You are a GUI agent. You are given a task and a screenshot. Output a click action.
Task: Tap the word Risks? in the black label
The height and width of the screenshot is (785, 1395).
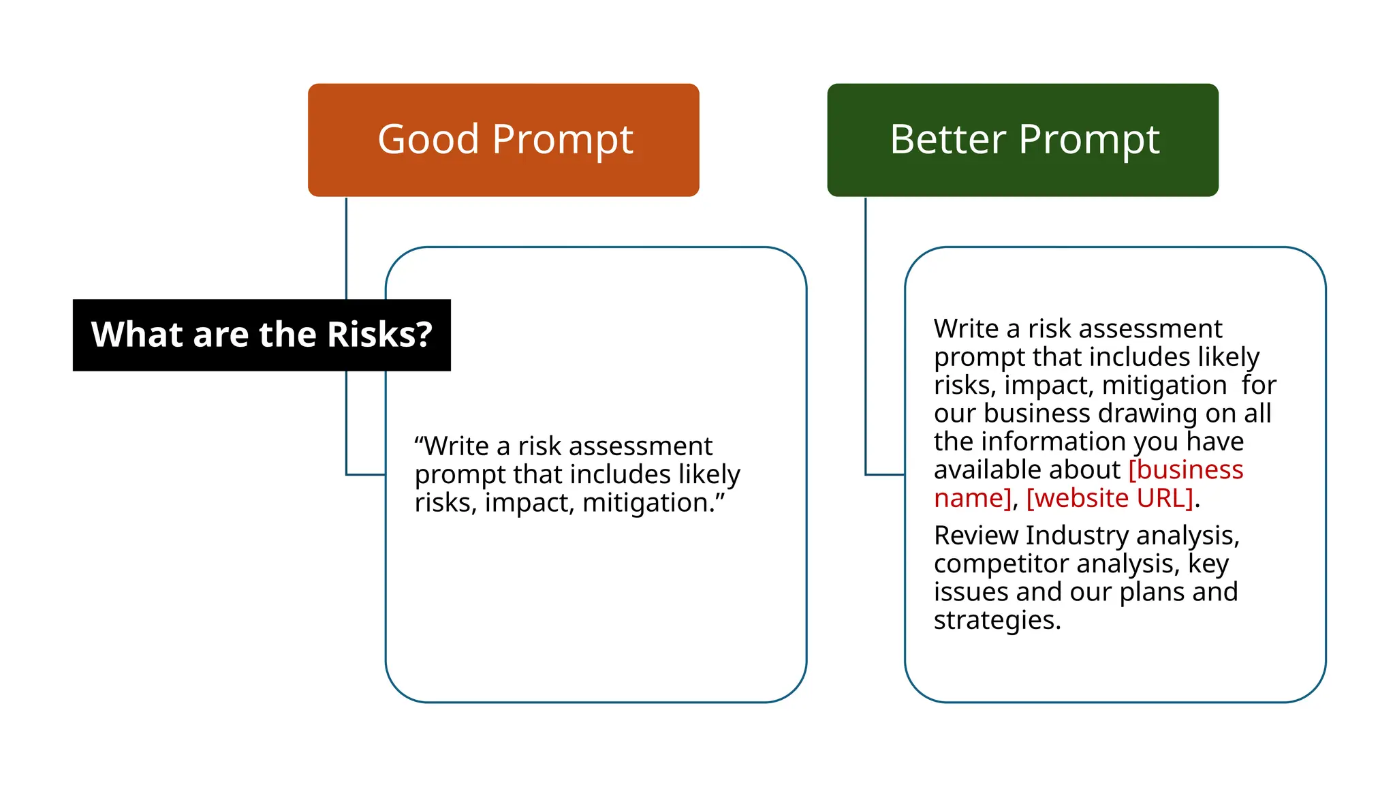pos(379,335)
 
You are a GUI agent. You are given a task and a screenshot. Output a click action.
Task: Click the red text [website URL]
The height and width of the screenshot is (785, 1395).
pos(1110,498)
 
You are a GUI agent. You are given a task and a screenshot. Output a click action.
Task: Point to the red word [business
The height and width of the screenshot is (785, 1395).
pos(1186,470)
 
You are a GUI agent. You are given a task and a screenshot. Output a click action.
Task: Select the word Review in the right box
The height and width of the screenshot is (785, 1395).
pos(975,536)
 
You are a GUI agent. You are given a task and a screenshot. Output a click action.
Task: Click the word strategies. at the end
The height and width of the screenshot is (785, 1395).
pos(997,620)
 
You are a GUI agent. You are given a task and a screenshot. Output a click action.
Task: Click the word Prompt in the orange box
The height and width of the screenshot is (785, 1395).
pos(562,140)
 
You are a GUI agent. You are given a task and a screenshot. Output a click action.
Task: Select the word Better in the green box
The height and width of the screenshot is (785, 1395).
pos(947,140)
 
